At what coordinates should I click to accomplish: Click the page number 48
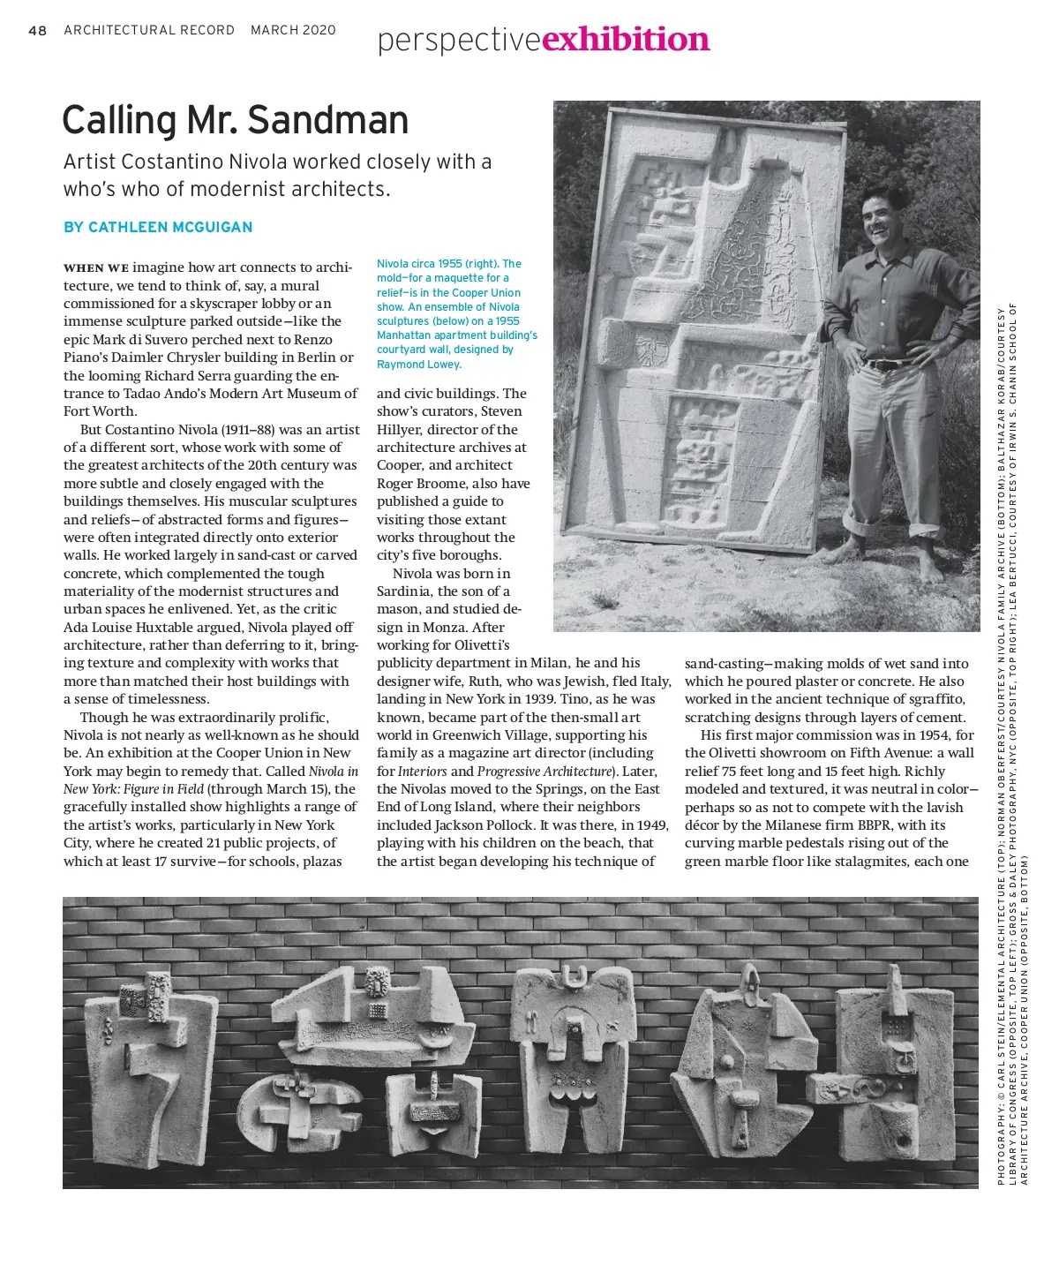click(37, 30)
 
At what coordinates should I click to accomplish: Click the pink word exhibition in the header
click(626, 39)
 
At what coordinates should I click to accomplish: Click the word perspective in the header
click(458, 40)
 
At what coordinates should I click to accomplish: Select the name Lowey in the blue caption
click(442, 365)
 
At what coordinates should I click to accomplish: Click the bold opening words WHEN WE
click(96, 267)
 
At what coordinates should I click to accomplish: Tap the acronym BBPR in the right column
click(872, 825)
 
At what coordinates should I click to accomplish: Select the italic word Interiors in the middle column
click(423, 772)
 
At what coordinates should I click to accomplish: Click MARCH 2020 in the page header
click(293, 30)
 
